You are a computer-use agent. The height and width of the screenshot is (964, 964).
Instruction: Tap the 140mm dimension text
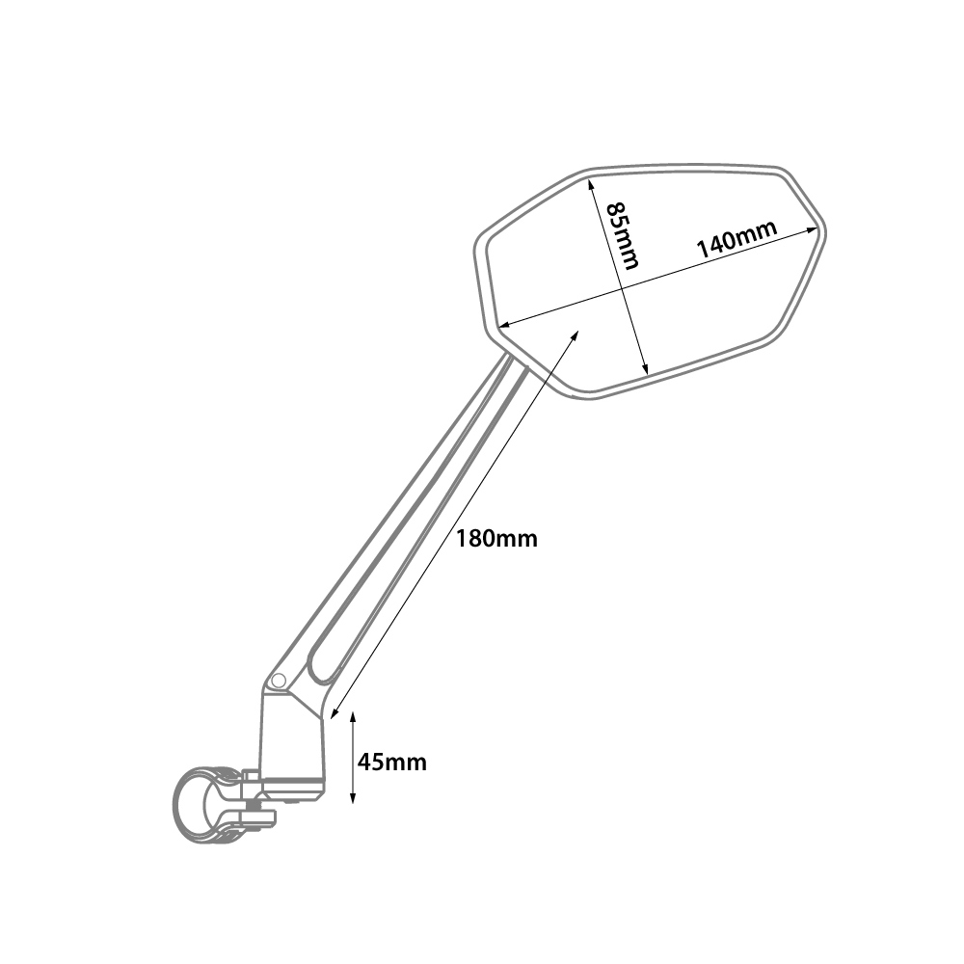click(737, 239)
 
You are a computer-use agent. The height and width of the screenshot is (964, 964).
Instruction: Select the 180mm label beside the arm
click(496, 539)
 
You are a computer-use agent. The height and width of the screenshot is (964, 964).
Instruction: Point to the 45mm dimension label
click(391, 763)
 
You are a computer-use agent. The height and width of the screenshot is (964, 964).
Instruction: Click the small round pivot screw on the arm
click(278, 680)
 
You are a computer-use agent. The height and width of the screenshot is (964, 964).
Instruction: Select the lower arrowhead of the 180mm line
click(335, 714)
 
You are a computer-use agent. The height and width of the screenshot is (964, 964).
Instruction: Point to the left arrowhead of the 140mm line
click(504, 325)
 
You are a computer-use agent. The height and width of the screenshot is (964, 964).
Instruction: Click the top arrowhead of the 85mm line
click(592, 182)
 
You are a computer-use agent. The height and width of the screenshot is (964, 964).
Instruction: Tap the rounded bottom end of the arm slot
click(320, 678)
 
